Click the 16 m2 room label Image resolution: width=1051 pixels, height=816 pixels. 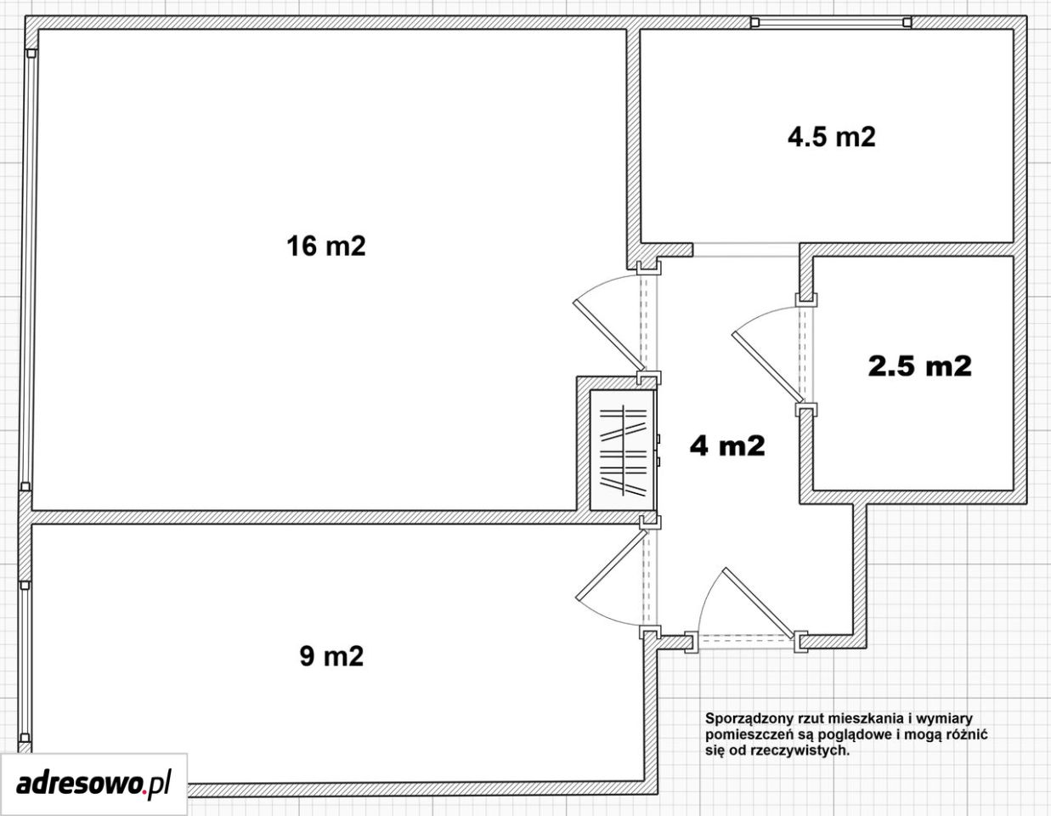click(326, 246)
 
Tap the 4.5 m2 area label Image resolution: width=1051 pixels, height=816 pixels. click(832, 137)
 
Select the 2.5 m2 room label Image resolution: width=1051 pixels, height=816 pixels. click(919, 365)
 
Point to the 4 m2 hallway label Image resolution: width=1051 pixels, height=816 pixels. click(727, 445)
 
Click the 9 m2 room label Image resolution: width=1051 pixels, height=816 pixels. click(331, 656)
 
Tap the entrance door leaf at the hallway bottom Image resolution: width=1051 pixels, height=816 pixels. click(758, 603)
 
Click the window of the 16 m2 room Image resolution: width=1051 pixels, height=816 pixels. click(28, 270)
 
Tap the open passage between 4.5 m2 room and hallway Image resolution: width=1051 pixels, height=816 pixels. click(746, 250)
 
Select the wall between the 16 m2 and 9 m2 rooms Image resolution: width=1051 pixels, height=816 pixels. click(335, 518)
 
